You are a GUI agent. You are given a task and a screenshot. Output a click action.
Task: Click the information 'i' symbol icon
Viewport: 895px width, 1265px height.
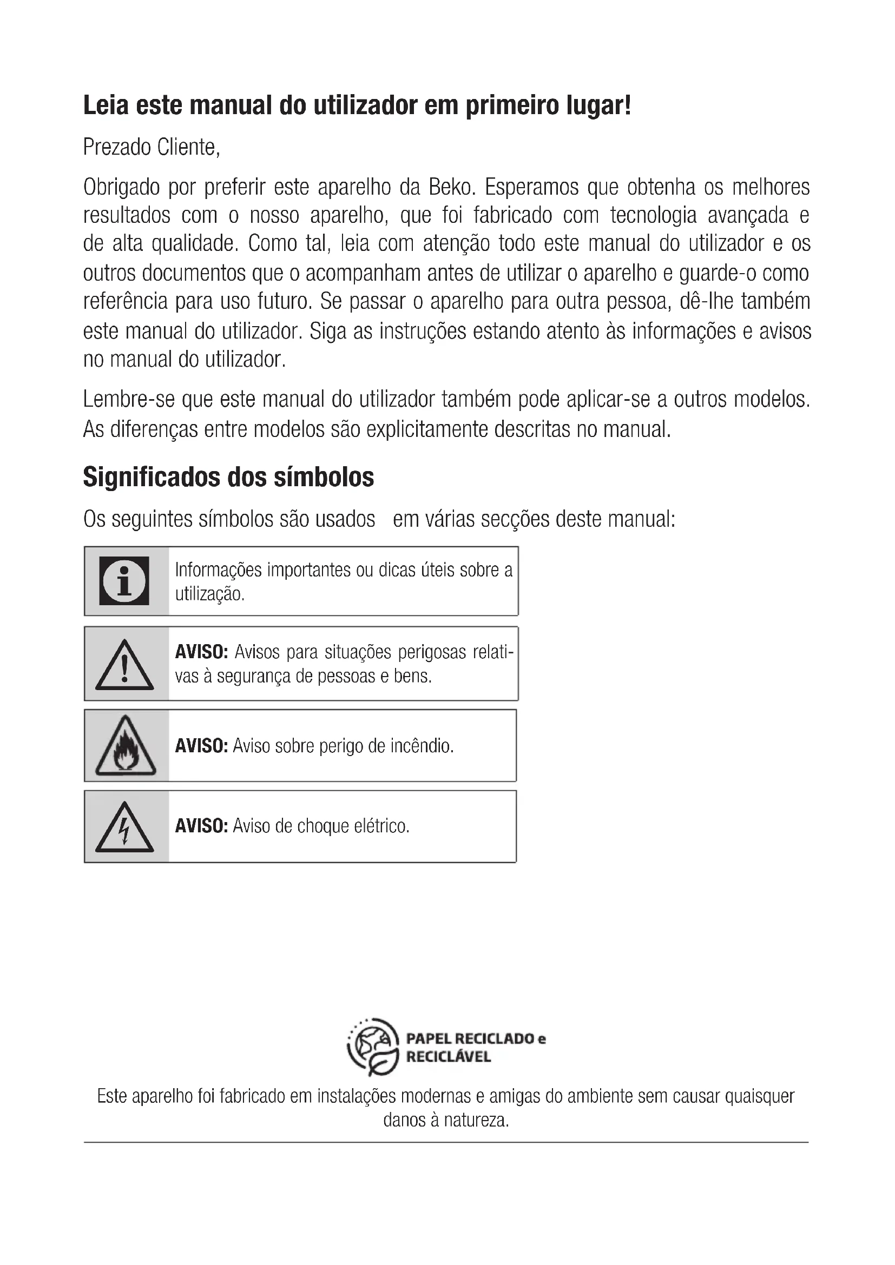(124, 581)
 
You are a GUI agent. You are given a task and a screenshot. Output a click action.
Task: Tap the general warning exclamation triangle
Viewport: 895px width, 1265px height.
(124, 666)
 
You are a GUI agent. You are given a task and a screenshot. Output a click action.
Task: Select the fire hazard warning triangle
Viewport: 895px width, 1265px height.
(125, 746)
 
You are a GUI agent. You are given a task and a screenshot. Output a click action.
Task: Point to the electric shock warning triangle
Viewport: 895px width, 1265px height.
(124, 828)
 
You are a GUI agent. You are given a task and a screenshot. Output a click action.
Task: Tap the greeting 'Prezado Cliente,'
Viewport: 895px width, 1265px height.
(152, 147)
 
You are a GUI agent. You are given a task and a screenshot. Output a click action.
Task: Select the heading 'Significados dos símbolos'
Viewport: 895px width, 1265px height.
(228, 477)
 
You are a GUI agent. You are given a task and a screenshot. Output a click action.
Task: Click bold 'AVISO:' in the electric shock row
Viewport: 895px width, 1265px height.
(201, 826)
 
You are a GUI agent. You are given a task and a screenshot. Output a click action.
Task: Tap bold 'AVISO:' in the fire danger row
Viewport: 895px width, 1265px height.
(201, 746)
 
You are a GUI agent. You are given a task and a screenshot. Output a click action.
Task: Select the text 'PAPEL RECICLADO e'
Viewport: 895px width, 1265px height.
(476, 1038)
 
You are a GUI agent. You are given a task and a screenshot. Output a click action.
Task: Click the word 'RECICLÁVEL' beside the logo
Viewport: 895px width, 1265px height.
(448, 1057)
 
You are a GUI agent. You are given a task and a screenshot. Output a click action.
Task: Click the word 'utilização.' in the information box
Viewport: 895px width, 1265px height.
(209, 594)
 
